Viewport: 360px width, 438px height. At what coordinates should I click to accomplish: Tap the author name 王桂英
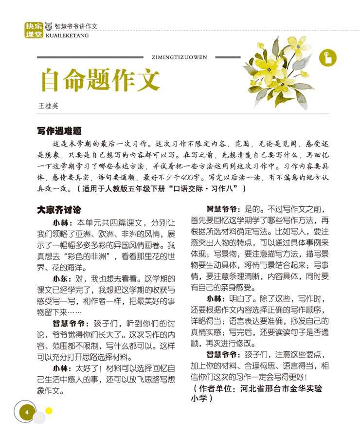[49, 105]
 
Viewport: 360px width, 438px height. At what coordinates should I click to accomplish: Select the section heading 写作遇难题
[59, 131]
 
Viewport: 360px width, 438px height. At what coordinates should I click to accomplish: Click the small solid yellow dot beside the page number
[49, 410]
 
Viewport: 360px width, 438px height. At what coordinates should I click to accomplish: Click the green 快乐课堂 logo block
[33, 30]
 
